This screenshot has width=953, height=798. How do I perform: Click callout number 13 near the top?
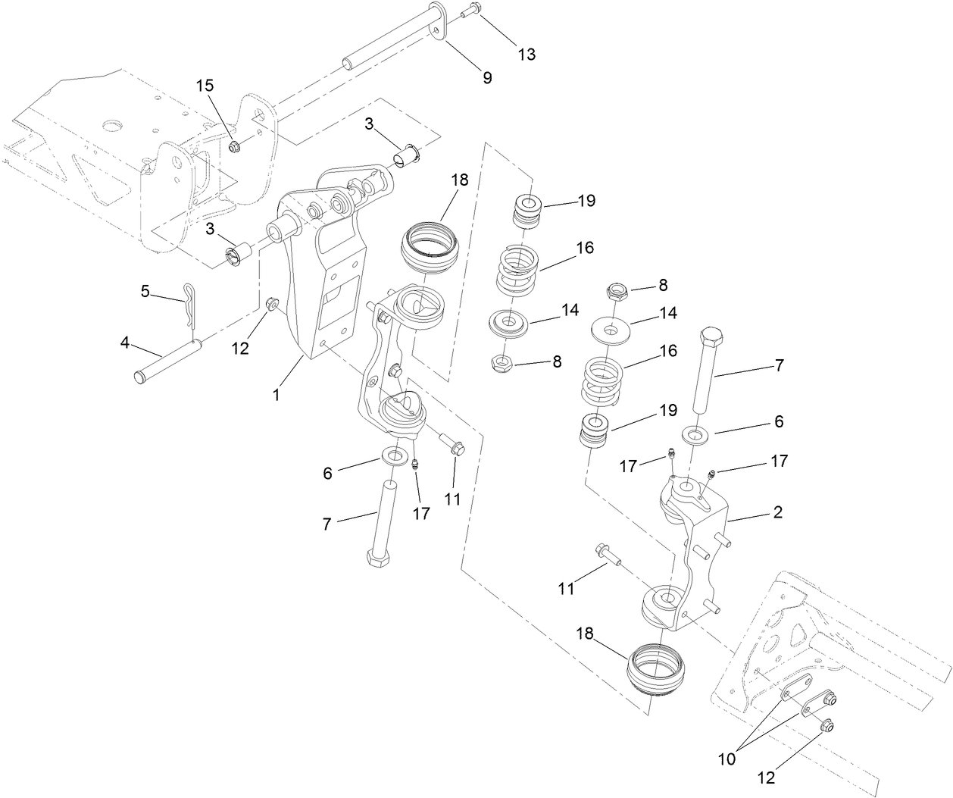point(526,54)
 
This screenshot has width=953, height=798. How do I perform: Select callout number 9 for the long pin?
point(487,77)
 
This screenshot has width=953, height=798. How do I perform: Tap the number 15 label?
point(205,85)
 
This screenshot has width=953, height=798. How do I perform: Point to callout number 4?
point(125,344)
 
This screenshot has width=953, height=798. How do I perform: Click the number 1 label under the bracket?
point(277,395)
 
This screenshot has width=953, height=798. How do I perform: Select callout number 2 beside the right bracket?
point(777,512)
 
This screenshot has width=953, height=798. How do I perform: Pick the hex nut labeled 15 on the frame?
point(233,144)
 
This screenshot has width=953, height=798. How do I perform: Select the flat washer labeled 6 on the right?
point(695,435)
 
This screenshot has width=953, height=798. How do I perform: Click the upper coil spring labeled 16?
point(517,271)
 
